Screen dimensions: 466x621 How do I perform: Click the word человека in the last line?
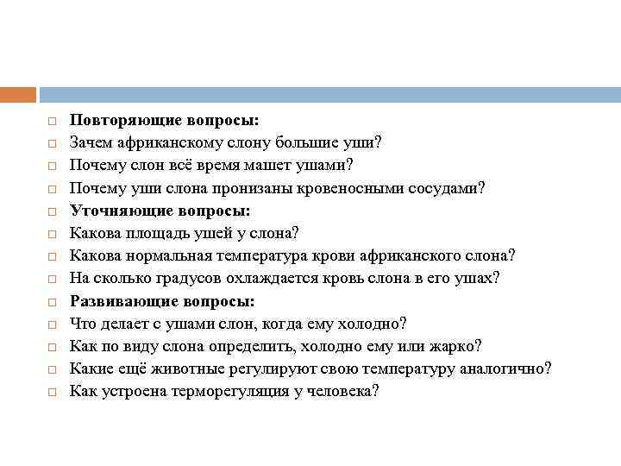pos(343,391)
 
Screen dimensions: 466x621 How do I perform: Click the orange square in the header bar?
pos(18,95)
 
